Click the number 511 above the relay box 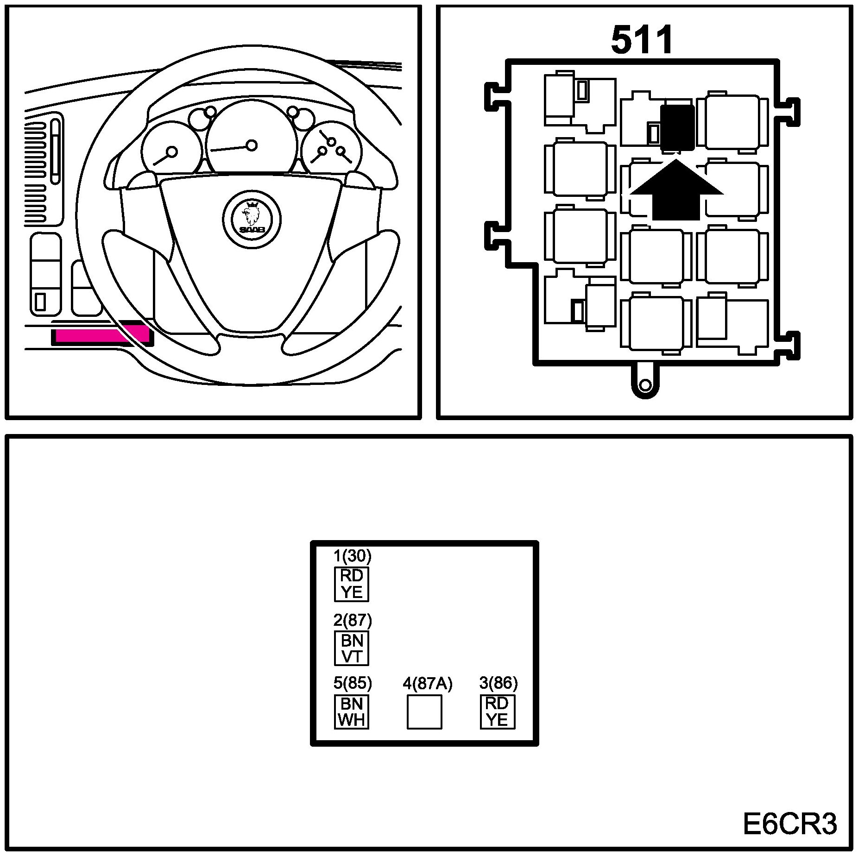(x=642, y=41)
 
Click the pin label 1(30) (x=353, y=555)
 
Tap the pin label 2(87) (x=353, y=620)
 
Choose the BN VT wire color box (x=352, y=648)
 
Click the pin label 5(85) (x=353, y=683)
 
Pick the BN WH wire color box (x=352, y=711)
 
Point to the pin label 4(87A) (x=427, y=684)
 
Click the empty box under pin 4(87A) (x=424, y=712)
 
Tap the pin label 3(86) (x=498, y=683)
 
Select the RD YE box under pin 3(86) (x=497, y=711)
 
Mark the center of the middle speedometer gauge (x=252, y=145)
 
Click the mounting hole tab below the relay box (x=645, y=385)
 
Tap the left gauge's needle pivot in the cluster (x=172, y=152)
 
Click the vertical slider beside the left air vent (x=55, y=152)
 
